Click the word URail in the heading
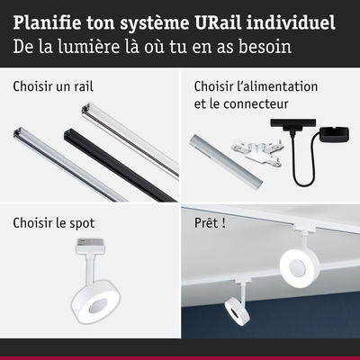[216, 23]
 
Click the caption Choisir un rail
[53, 86]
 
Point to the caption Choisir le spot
[54, 223]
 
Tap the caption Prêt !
[210, 223]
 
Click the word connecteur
[256, 103]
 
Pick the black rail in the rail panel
[120, 166]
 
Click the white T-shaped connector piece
[256, 152]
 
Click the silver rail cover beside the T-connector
[226, 162]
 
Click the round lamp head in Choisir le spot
[95, 301]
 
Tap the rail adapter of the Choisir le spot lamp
[90, 246]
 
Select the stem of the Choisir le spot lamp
[89, 267]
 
